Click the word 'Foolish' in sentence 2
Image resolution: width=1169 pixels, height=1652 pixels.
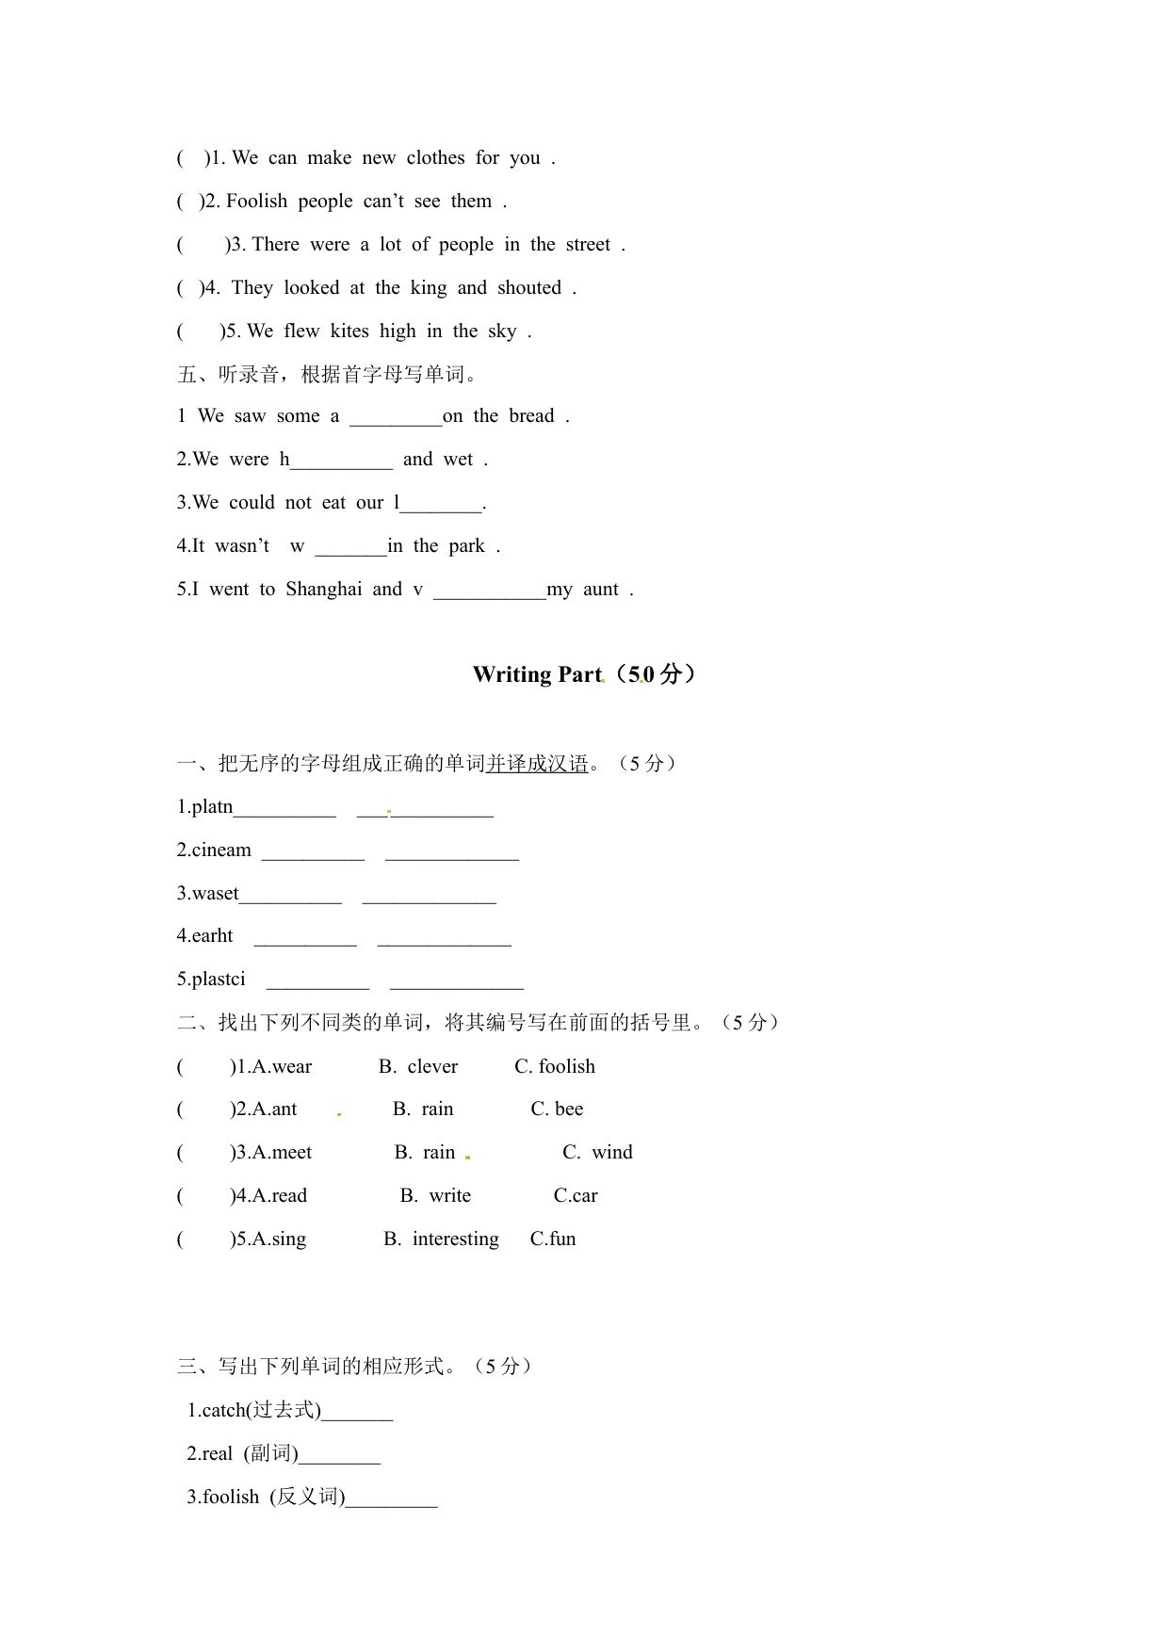coord(256,202)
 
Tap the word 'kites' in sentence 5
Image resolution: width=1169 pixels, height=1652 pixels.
coord(349,332)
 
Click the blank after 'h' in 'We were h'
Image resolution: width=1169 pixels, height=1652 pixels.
coord(341,461)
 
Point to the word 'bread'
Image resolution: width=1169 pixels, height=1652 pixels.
coord(531,416)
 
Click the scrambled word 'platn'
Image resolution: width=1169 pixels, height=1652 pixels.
coord(211,807)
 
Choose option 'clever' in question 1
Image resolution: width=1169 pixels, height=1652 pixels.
coord(432,1067)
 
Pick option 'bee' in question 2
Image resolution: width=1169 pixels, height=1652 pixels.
coord(569,1109)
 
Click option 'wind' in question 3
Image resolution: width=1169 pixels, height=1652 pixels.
coord(612,1153)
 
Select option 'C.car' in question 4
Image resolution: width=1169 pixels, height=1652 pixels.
coord(576,1196)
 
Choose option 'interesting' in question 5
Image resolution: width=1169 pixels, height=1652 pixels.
coord(455,1239)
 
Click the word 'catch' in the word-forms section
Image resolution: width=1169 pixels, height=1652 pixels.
coord(223,1411)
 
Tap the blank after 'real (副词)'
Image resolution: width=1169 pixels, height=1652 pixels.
coord(339,1456)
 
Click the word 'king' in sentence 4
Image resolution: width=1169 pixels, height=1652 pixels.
coord(429,288)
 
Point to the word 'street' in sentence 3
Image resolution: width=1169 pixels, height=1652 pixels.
coord(588,245)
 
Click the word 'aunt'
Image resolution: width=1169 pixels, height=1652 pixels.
coord(601,590)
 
